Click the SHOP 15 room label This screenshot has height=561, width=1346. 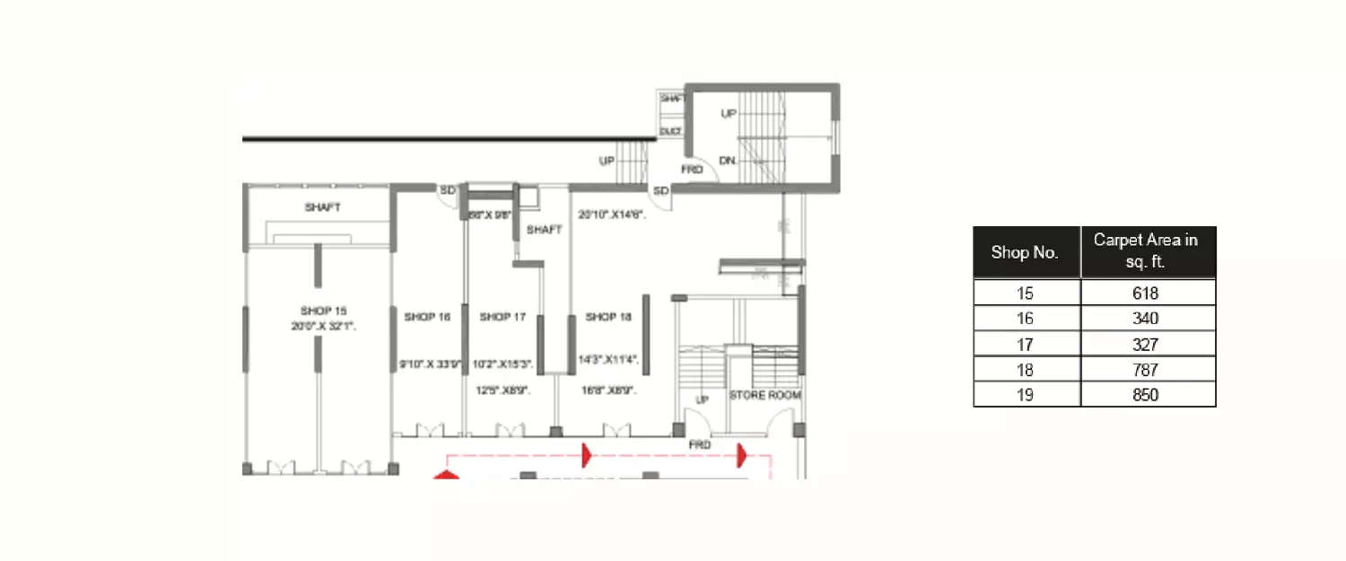click(323, 311)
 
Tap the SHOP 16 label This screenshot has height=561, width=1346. click(427, 317)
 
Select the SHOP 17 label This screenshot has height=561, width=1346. click(503, 317)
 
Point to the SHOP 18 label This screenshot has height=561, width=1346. click(608, 317)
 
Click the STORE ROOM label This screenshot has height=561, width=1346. click(765, 395)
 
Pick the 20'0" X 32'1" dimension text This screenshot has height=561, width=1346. click(323, 327)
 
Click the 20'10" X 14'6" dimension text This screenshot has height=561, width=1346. click(612, 215)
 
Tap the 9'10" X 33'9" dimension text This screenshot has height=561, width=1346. click(430, 364)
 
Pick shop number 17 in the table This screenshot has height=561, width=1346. click(1025, 344)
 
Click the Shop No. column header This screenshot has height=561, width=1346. click(1025, 252)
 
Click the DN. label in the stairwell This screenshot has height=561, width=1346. click(728, 161)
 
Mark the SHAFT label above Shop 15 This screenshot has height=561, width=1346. click(322, 207)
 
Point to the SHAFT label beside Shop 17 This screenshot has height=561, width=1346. click(544, 230)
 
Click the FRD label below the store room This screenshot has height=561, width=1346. click(699, 444)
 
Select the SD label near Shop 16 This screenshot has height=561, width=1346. click(447, 190)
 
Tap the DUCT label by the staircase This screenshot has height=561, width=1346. click(670, 131)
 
